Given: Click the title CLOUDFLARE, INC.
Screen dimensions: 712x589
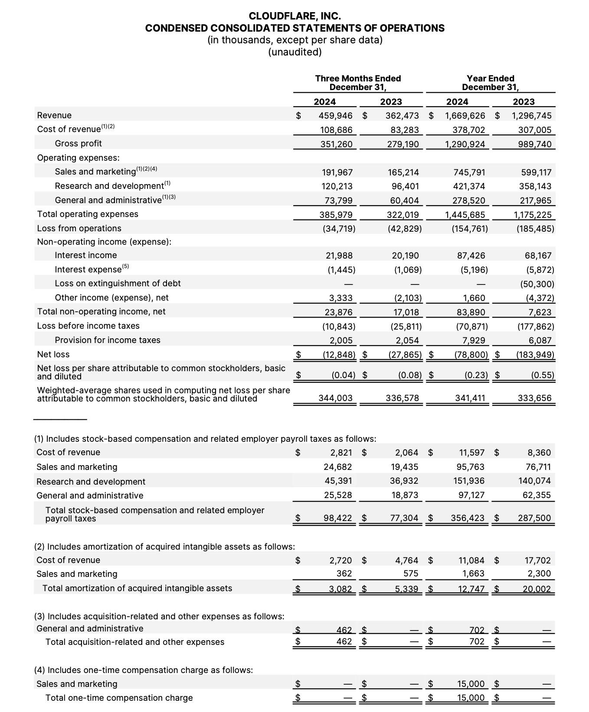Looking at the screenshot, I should (x=294, y=16).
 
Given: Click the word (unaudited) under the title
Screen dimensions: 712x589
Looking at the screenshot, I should (x=294, y=52).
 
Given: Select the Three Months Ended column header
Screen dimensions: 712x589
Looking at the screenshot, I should (x=358, y=83).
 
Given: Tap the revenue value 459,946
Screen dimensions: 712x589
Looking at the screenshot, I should (x=336, y=116).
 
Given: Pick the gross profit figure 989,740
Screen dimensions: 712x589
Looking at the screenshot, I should (x=535, y=144).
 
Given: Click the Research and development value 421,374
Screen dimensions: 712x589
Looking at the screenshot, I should (x=468, y=186).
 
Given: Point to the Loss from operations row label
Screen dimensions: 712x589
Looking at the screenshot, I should (x=79, y=228).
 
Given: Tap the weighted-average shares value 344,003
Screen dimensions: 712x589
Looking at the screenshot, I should (x=336, y=398).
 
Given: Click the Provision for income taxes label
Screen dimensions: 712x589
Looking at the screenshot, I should (x=107, y=340).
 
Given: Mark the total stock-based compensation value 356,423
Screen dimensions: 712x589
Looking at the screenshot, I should (x=468, y=518).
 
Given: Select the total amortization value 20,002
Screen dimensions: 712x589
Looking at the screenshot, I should (x=537, y=589).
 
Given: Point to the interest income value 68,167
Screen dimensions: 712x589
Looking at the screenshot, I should (x=538, y=256).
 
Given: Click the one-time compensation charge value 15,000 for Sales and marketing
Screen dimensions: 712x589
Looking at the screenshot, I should (x=471, y=684).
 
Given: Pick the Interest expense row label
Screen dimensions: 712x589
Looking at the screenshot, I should (x=88, y=269).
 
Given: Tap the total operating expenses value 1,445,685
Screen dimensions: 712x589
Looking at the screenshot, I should (x=465, y=215).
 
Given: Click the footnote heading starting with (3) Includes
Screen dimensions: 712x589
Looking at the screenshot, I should (x=159, y=616).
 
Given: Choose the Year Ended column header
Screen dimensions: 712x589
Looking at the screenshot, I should (x=490, y=83).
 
